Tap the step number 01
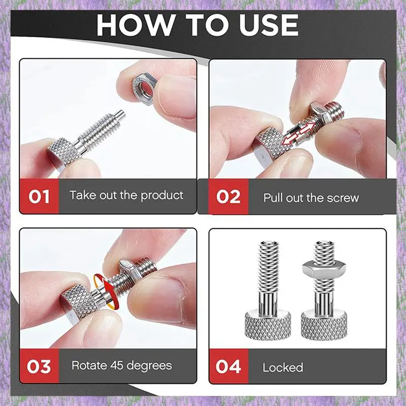point(39,197)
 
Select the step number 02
point(228,197)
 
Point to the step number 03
point(39,366)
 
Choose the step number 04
point(228,366)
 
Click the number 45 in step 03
point(117,365)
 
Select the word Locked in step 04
point(283,367)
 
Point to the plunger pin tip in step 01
point(121,113)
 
